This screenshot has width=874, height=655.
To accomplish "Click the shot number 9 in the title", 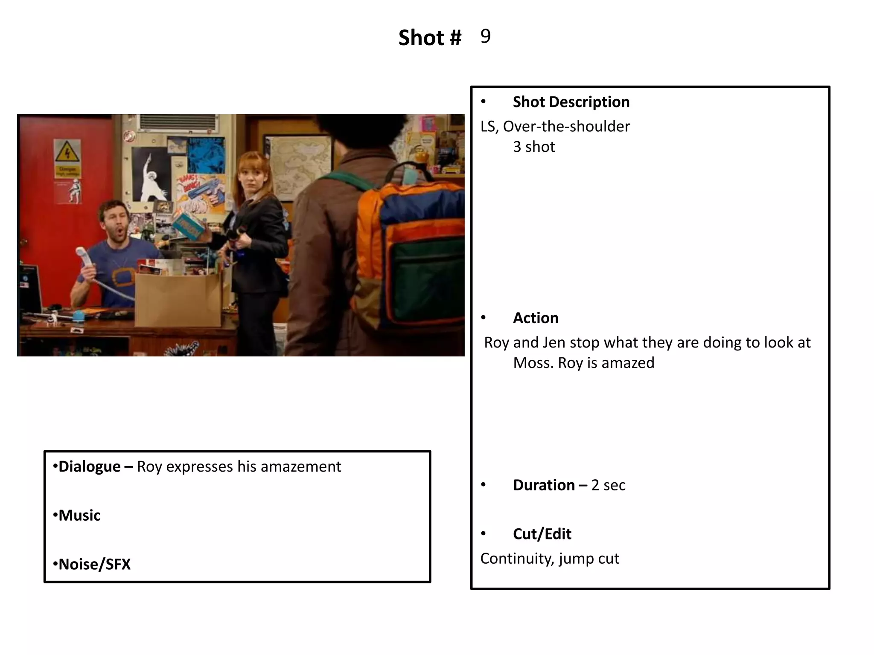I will tap(485, 36).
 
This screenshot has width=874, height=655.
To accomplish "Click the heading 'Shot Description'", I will tap(571, 102).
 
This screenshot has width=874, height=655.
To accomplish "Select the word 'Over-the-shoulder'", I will tap(566, 126).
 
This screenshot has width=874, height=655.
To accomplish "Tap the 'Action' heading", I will tap(536, 318).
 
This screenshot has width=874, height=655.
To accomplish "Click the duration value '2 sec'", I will tap(608, 485).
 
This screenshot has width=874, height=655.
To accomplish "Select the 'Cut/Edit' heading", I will tap(542, 534).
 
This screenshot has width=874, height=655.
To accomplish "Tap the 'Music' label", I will tap(79, 516).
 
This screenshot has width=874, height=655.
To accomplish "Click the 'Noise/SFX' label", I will tap(94, 564).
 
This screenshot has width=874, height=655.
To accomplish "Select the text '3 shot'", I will tap(534, 147).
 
